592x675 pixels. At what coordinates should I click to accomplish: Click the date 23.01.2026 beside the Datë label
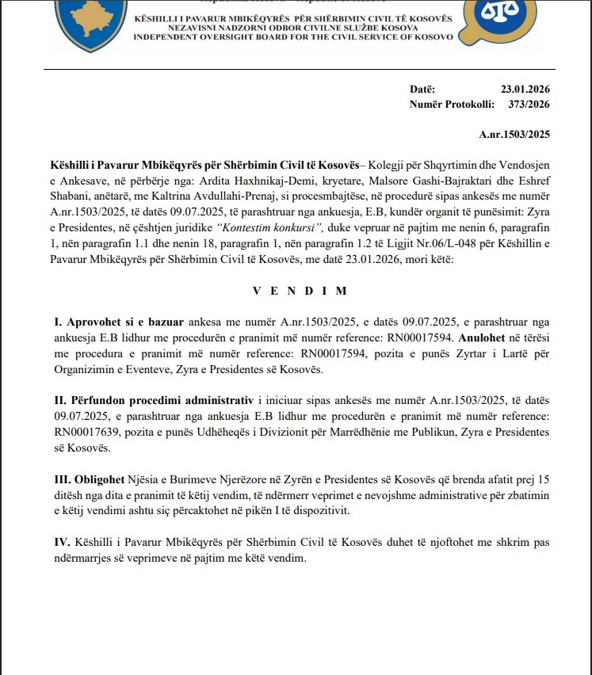click(525, 90)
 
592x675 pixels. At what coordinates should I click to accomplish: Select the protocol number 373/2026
click(529, 104)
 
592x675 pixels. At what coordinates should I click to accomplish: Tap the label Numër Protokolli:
click(452, 104)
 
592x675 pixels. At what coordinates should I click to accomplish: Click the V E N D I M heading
click(300, 291)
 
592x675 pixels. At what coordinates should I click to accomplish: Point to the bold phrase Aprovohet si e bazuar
click(119, 322)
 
